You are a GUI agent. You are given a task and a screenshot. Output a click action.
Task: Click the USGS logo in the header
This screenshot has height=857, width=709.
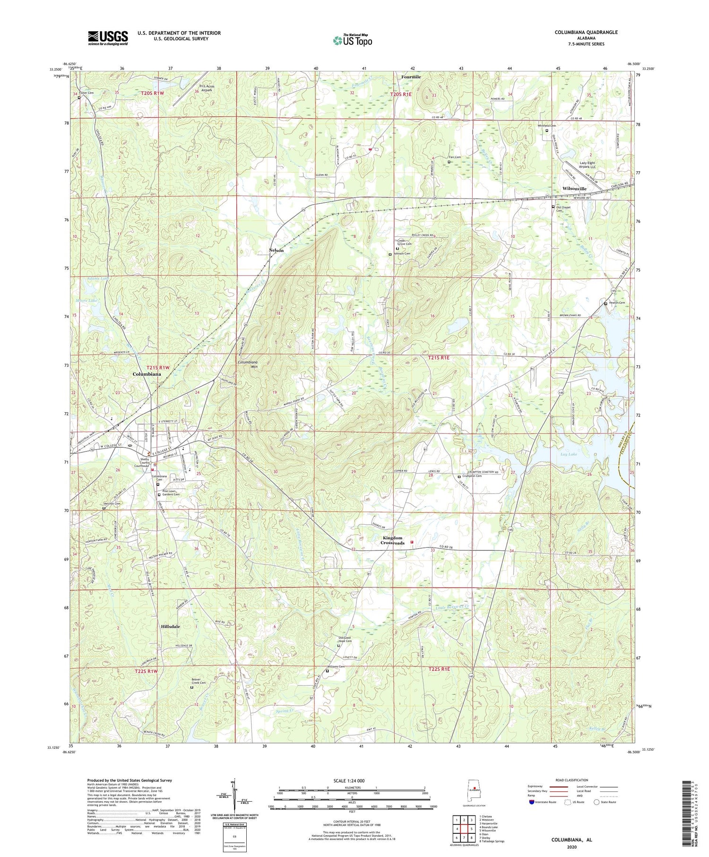108,38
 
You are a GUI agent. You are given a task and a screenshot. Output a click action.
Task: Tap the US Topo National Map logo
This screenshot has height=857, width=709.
352,41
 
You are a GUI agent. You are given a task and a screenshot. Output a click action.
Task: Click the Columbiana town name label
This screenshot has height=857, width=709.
147,374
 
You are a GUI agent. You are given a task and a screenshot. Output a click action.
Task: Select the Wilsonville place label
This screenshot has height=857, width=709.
574,189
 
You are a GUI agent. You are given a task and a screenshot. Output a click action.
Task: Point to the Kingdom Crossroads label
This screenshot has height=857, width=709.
393,540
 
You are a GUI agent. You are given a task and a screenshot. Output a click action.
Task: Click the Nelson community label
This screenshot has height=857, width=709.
277,250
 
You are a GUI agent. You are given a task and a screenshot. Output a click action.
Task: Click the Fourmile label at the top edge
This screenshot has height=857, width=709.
411,77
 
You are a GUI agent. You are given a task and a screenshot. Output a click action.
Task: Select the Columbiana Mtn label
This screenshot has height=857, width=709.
248,364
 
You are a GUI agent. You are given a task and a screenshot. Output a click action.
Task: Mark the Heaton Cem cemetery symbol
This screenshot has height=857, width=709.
606,303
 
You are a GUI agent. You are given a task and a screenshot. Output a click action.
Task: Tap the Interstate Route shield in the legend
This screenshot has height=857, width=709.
531,802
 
